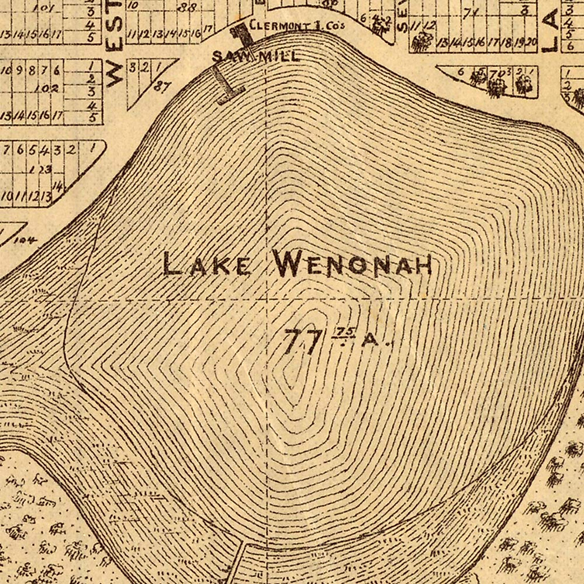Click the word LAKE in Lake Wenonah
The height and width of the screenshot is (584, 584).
pyautogui.click(x=207, y=265)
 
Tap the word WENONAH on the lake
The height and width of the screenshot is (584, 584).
pyautogui.click(x=353, y=265)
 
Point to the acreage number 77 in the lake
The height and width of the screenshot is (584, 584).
pyautogui.click(x=303, y=341)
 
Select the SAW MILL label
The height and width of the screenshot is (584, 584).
pyautogui.click(x=255, y=56)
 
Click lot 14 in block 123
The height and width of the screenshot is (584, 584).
pyautogui.click(x=59, y=186)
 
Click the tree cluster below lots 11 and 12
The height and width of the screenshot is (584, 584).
pyautogui.click(x=419, y=43)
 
